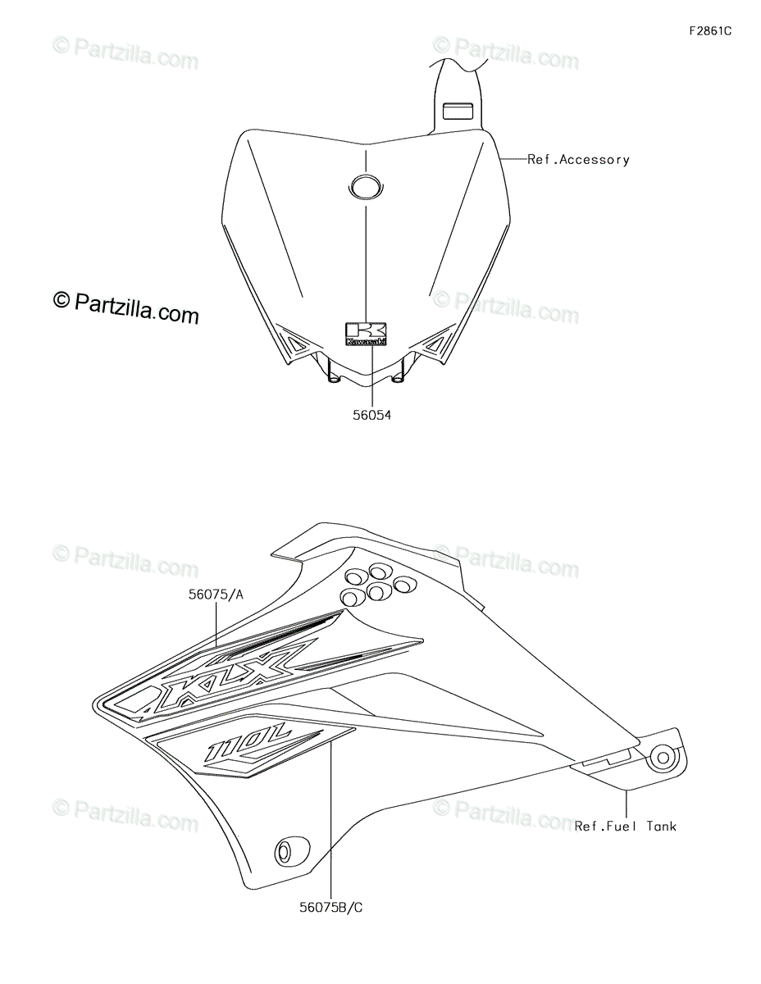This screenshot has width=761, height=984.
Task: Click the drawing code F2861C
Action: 709,31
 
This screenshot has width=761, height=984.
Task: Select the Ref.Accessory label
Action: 578,160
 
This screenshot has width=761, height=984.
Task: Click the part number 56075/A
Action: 216,596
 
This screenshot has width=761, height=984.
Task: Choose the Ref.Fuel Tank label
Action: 626,826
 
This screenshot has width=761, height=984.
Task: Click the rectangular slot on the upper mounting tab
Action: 458,110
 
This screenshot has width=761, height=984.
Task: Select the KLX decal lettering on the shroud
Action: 230,672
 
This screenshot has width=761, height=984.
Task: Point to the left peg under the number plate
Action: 333,377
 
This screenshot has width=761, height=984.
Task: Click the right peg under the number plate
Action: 399,377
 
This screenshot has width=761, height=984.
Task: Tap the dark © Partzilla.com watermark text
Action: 126,307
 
